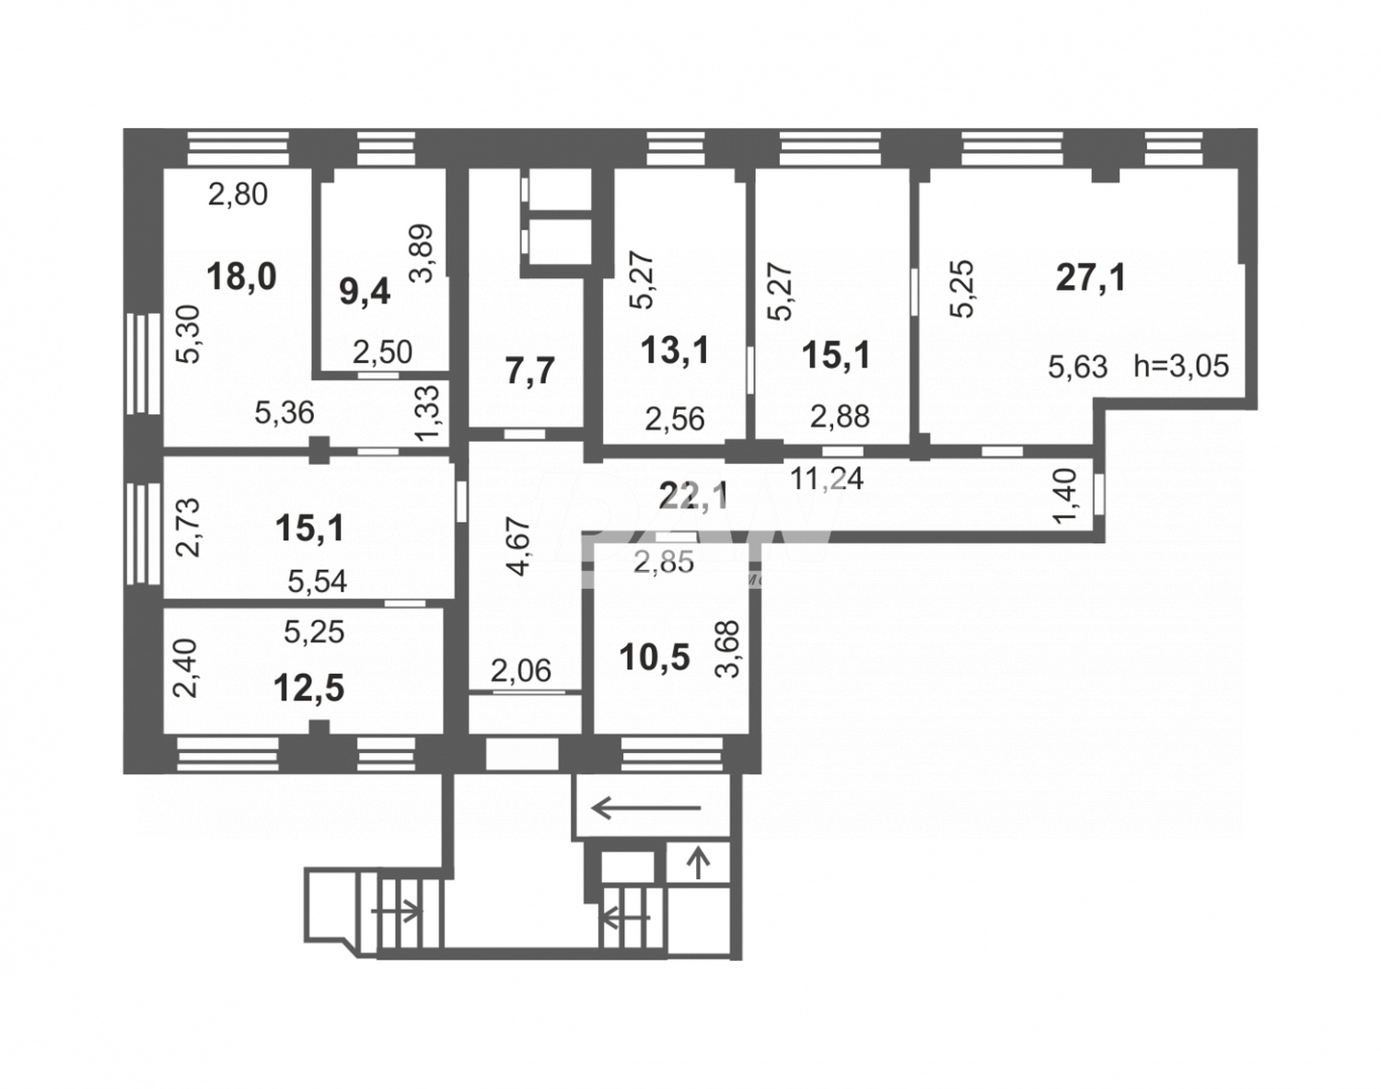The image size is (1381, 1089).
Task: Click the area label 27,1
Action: pyautogui.click(x=1091, y=277)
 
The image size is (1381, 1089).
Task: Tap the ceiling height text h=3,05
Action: pyautogui.click(x=1181, y=365)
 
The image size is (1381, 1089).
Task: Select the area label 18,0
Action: pyautogui.click(x=241, y=276)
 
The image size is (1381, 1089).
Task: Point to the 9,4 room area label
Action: pyautogui.click(x=366, y=293)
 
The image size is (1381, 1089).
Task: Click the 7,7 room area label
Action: pyautogui.click(x=530, y=371)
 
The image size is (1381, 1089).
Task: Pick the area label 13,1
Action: pyautogui.click(x=675, y=351)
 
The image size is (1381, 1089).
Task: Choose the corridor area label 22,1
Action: pyautogui.click(x=693, y=496)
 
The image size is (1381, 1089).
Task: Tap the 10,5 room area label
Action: pyautogui.click(x=655, y=658)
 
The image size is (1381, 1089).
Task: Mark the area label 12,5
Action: pyautogui.click(x=310, y=688)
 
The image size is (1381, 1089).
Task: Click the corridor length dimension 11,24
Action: pyautogui.click(x=827, y=478)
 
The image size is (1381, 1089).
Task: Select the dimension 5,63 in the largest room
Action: pyautogui.click(x=1077, y=367)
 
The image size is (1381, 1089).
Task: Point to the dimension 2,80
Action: pyautogui.click(x=238, y=194)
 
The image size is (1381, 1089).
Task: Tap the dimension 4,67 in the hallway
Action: pyautogui.click(x=520, y=547)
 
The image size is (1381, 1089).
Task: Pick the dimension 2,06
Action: pyautogui.click(x=521, y=671)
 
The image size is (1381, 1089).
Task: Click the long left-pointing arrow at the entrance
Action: pyautogui.click(x=645, y=809)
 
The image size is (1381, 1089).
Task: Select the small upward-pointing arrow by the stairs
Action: pyautogui.click(x=699, y=863)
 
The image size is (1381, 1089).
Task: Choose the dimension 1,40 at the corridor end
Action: pyautogui.click(x=1064, y=498)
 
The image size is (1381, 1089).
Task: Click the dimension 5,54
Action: pyautogui.click(x=318, y=581)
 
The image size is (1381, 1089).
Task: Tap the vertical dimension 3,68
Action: pyautogui.click(x=727, y=649)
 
